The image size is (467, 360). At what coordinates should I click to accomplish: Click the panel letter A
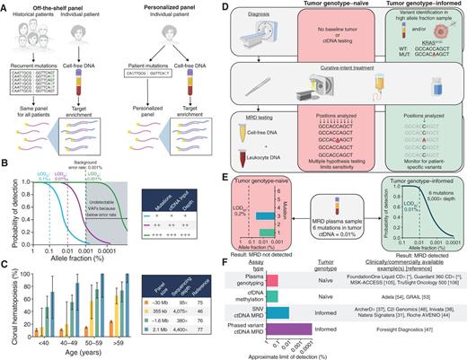click(x=5, y=6)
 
